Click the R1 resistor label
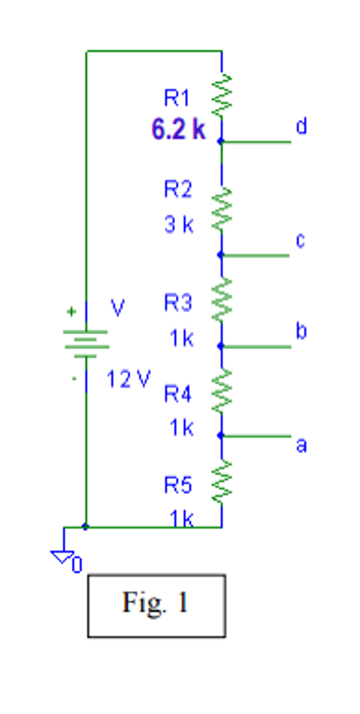point(177,98)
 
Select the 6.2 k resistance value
point(179,129)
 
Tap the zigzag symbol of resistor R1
point(221,96)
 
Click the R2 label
point(177,189)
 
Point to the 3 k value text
point(179,225)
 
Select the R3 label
point(177,303)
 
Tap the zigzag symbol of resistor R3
point(221,300)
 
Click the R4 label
point(177,395)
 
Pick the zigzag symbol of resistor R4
point(221,390)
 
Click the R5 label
point(177,485)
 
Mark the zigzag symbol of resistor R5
point(221,481)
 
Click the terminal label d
point(301,126)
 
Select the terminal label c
point(300,241)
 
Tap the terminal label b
point(300,331)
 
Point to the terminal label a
point(301,444)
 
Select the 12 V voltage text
point(128,379)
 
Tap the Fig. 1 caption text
point(156,603)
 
